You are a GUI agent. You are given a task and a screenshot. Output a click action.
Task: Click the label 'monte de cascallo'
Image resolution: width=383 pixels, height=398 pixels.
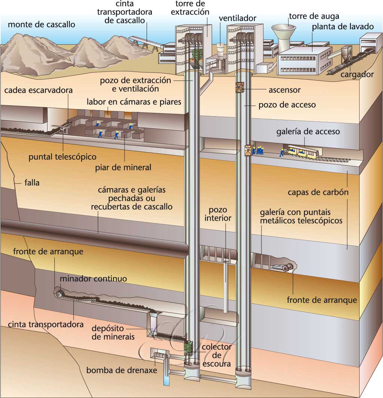(41, 25)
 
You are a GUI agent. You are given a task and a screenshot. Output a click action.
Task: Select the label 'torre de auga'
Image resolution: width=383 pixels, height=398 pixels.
(314, 16)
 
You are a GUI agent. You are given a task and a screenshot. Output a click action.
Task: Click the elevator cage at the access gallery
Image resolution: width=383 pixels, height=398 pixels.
(247, 151)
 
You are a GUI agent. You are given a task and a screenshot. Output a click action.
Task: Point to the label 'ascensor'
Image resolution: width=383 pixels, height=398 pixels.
(285, 90)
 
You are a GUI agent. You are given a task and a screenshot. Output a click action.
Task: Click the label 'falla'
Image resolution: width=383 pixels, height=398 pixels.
(32, 183)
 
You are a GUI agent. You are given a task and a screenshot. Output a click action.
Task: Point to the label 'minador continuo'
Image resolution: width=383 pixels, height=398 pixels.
(94, 279)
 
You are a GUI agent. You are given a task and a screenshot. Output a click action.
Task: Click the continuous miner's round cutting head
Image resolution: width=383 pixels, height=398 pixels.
(59, 294)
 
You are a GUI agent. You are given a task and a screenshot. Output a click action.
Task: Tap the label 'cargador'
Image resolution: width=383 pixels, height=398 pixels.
(357, 74)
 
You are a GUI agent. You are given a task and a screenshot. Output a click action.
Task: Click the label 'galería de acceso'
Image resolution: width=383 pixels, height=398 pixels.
(308, 132)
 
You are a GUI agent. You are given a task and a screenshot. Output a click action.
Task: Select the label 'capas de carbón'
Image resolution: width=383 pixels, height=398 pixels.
(318, 193)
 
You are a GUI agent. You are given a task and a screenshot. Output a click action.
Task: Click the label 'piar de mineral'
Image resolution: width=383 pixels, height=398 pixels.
(123, 168)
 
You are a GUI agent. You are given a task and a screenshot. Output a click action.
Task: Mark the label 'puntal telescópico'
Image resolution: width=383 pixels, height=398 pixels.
(62, 157)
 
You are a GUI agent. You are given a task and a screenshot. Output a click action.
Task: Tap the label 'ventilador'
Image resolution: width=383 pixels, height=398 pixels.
(238, 18)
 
